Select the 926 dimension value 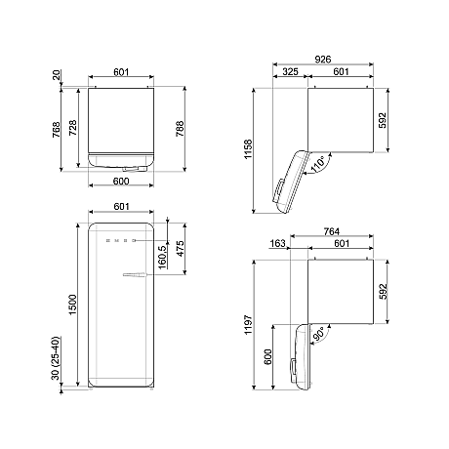tap(320, 59)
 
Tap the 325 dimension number tap(290, 71)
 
